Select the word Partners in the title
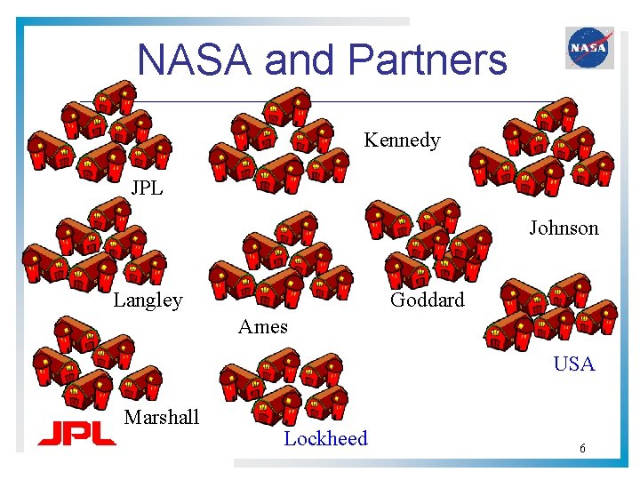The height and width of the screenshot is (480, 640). pos(428,60)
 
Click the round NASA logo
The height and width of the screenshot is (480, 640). pos(589,48)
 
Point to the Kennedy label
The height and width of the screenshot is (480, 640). pos(402,140)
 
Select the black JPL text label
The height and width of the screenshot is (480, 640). pos(147,188)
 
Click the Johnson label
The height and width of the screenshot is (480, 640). pos(564,228)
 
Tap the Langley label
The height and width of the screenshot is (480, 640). pos(148,300)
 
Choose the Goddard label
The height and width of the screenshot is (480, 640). pos(427,300)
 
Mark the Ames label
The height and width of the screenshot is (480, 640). pos(262,326)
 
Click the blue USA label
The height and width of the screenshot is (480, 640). pos(573,364)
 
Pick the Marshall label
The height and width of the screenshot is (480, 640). pos(162,418)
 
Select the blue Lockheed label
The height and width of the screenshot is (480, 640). pos(325,438)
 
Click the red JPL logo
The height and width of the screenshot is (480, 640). pos(76,433)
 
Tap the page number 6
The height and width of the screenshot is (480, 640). pos(582,449)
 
